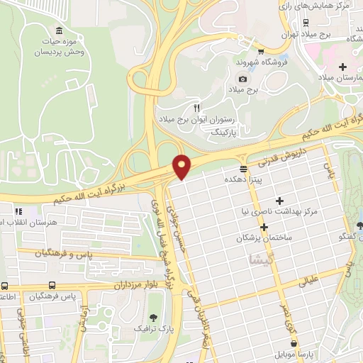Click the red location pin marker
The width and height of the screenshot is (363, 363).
(183, 166)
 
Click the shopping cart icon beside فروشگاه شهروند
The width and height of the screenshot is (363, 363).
(262, 51)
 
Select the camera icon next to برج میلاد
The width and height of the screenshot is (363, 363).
(243, 79)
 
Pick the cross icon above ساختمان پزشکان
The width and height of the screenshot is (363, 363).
(264, 228)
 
